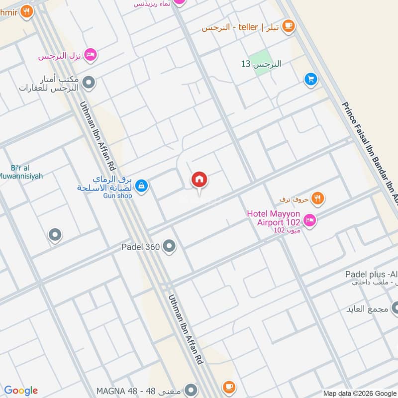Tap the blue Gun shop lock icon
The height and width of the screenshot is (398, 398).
[x=142, y=186]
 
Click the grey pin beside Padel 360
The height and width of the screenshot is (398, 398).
[x=170, y=246]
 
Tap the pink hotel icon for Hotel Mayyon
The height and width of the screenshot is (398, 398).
[x=309, y=220]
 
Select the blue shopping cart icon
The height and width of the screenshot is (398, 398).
[x=311, y=79]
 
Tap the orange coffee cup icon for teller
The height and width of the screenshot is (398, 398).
[x=288, y=27]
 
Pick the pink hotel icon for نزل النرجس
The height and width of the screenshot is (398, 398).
[x=90, y=55]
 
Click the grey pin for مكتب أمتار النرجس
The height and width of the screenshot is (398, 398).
[x=89, y=83]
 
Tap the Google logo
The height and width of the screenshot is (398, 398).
[x=21, y=391]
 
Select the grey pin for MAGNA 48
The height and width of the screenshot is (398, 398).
[x=191, y=390]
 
